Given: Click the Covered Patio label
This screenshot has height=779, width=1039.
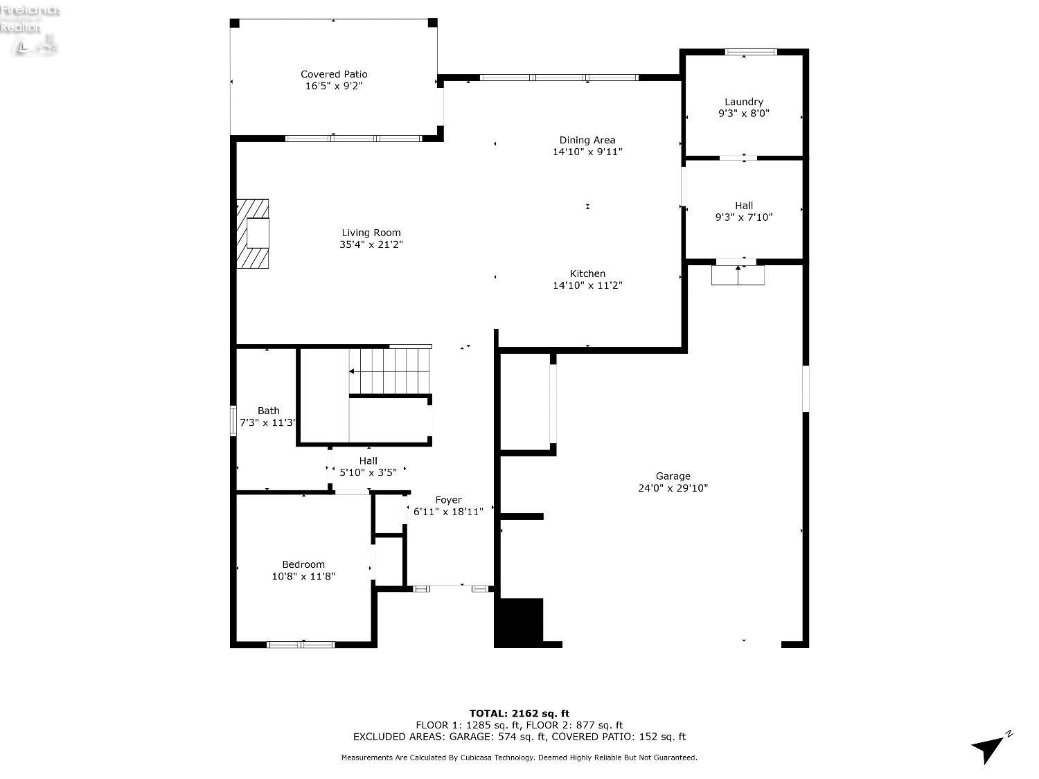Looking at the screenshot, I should click(334, 74).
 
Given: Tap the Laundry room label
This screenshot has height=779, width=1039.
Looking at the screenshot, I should click(744, 102).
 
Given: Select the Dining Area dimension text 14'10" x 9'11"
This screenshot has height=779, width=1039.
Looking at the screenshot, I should click(587, 152).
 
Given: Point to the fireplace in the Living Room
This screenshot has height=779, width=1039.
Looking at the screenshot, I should click(253, 233).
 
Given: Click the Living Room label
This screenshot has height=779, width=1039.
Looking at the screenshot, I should click(371, 233).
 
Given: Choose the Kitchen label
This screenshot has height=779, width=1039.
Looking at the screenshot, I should click(587, 274).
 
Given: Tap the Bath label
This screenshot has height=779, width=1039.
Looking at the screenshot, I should click(268, 411).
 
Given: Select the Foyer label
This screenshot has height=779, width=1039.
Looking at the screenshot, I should click(448, 500).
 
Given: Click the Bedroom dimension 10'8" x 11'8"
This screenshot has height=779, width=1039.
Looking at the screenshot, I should click(303, 576).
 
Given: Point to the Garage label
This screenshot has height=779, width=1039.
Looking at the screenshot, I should click(673, 476).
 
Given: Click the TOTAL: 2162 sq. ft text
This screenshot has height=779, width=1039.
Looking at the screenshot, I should click(519, 713).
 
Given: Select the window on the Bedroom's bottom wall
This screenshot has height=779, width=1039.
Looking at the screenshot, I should click(301, 645).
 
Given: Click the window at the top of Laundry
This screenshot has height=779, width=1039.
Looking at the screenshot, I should click(751, 52).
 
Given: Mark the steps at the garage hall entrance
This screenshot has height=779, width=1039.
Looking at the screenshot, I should click(738, 276).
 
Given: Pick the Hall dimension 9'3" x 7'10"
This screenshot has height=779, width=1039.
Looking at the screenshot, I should click(744, 217).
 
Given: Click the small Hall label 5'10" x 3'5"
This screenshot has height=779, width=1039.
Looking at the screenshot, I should click(368, 472).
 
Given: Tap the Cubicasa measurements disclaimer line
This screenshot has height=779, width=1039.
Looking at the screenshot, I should click(519, 758).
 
